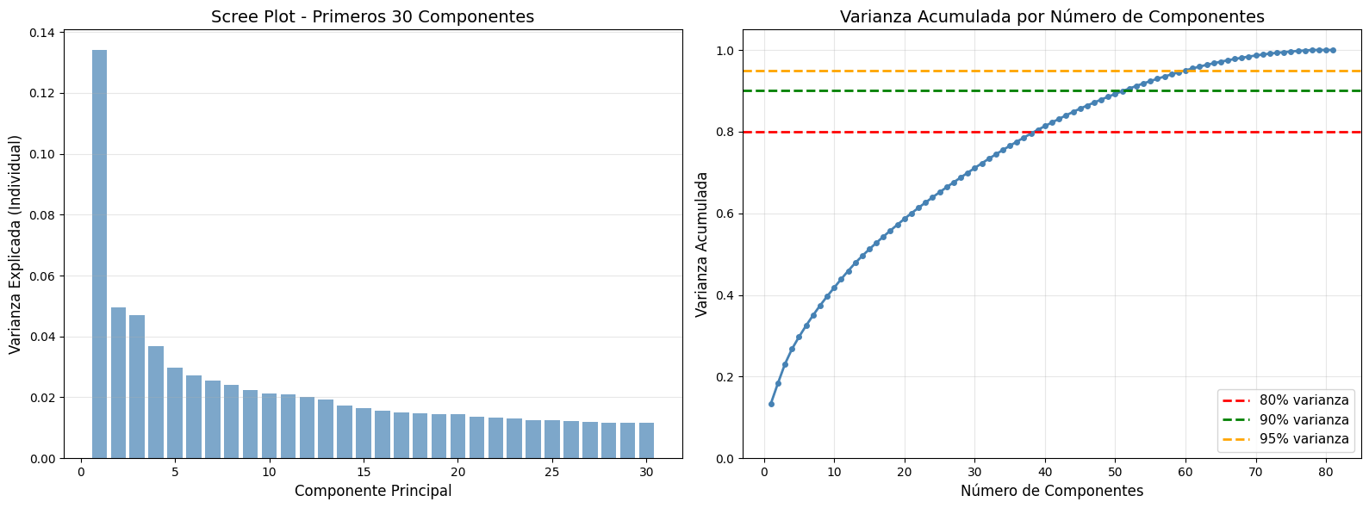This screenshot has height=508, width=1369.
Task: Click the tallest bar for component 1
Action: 99,254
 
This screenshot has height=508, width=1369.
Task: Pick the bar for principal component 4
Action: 156,402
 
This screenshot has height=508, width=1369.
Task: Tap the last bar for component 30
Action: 646,441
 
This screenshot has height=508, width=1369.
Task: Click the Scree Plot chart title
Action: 372,17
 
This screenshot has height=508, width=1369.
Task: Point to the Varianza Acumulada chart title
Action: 1052,17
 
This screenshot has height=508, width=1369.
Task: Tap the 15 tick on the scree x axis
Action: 364,472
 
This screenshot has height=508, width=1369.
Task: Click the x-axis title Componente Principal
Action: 372,492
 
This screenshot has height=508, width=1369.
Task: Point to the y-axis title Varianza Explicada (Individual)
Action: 16,244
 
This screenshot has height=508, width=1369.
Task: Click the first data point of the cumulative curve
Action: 771,404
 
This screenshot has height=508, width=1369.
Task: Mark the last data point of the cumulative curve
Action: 1333,50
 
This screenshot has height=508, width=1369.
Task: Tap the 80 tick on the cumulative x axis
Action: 1326,472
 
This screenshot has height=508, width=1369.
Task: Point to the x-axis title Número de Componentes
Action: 1052,492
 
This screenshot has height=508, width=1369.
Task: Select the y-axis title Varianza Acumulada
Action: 702,244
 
